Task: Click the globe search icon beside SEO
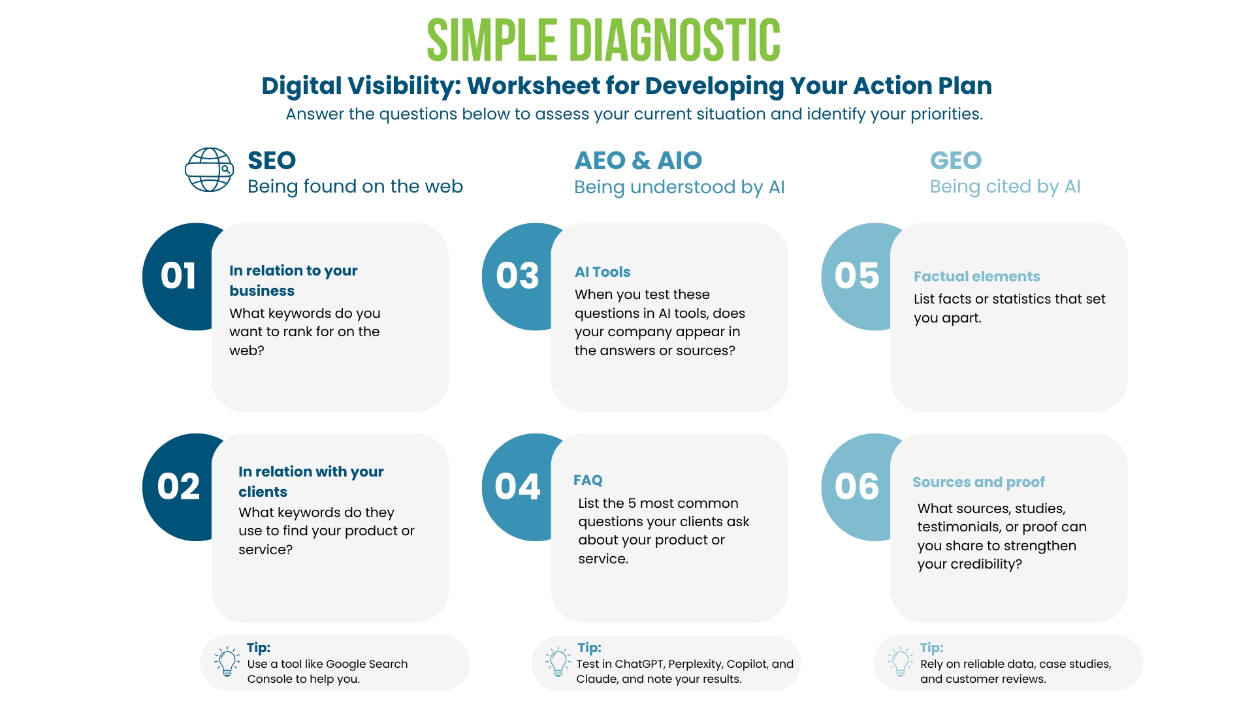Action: [209, 170]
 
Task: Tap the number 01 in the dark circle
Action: [178, 275]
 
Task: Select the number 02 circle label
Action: [178, 486]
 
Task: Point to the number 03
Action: [517, 275]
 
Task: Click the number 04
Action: [517, 486]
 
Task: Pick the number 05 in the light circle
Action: [857, 275]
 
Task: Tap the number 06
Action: [857, 486]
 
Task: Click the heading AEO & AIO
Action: [638, 161]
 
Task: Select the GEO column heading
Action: [956, 161]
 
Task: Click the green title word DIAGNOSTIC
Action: [675, 40]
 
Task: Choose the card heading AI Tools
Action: [602, 272]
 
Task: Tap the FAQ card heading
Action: [588, 480]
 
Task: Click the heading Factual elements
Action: [976, 276]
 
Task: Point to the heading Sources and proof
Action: [978, 482]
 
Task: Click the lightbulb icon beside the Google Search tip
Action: [227, 661]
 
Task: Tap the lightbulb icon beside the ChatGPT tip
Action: [558, 661]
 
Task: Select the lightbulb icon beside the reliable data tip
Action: [900, 661]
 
